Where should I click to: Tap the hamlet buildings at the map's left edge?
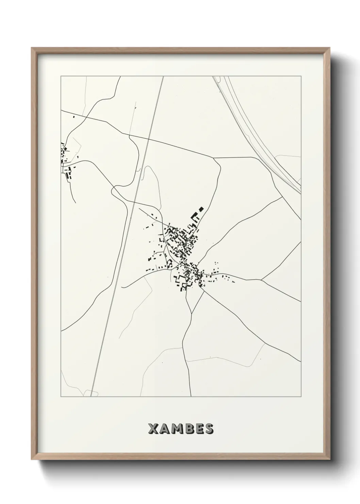65,160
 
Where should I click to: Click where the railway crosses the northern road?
148,139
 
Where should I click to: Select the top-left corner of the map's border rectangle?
61,76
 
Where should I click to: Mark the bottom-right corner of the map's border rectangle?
301,397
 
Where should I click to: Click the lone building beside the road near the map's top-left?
74,117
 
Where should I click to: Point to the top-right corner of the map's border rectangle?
301,76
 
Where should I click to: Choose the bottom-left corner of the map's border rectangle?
61,397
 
